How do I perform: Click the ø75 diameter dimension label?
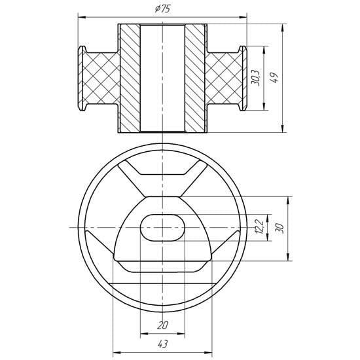pyautogui.click(x=162, y=9)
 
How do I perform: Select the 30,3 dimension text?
pyautogui.click(x=255, y=77)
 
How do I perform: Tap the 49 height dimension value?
pyautogui.click(x=274, y=78)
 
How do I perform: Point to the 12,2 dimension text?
pyautogui.click(x=259, y=227)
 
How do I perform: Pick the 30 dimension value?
pyautogui.click(x=280, y=228)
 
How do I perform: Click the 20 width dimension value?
pyautogui.click(x=162, y=325)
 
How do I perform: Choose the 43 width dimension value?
pyautogui.click(x=162, y=344)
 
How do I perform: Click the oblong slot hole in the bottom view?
pyautogui.click(x=162, y=228)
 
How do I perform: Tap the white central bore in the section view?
pyautogui.click(x=162, y=78)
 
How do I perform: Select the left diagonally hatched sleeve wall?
pyautogui.click(x=130, y=78)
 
